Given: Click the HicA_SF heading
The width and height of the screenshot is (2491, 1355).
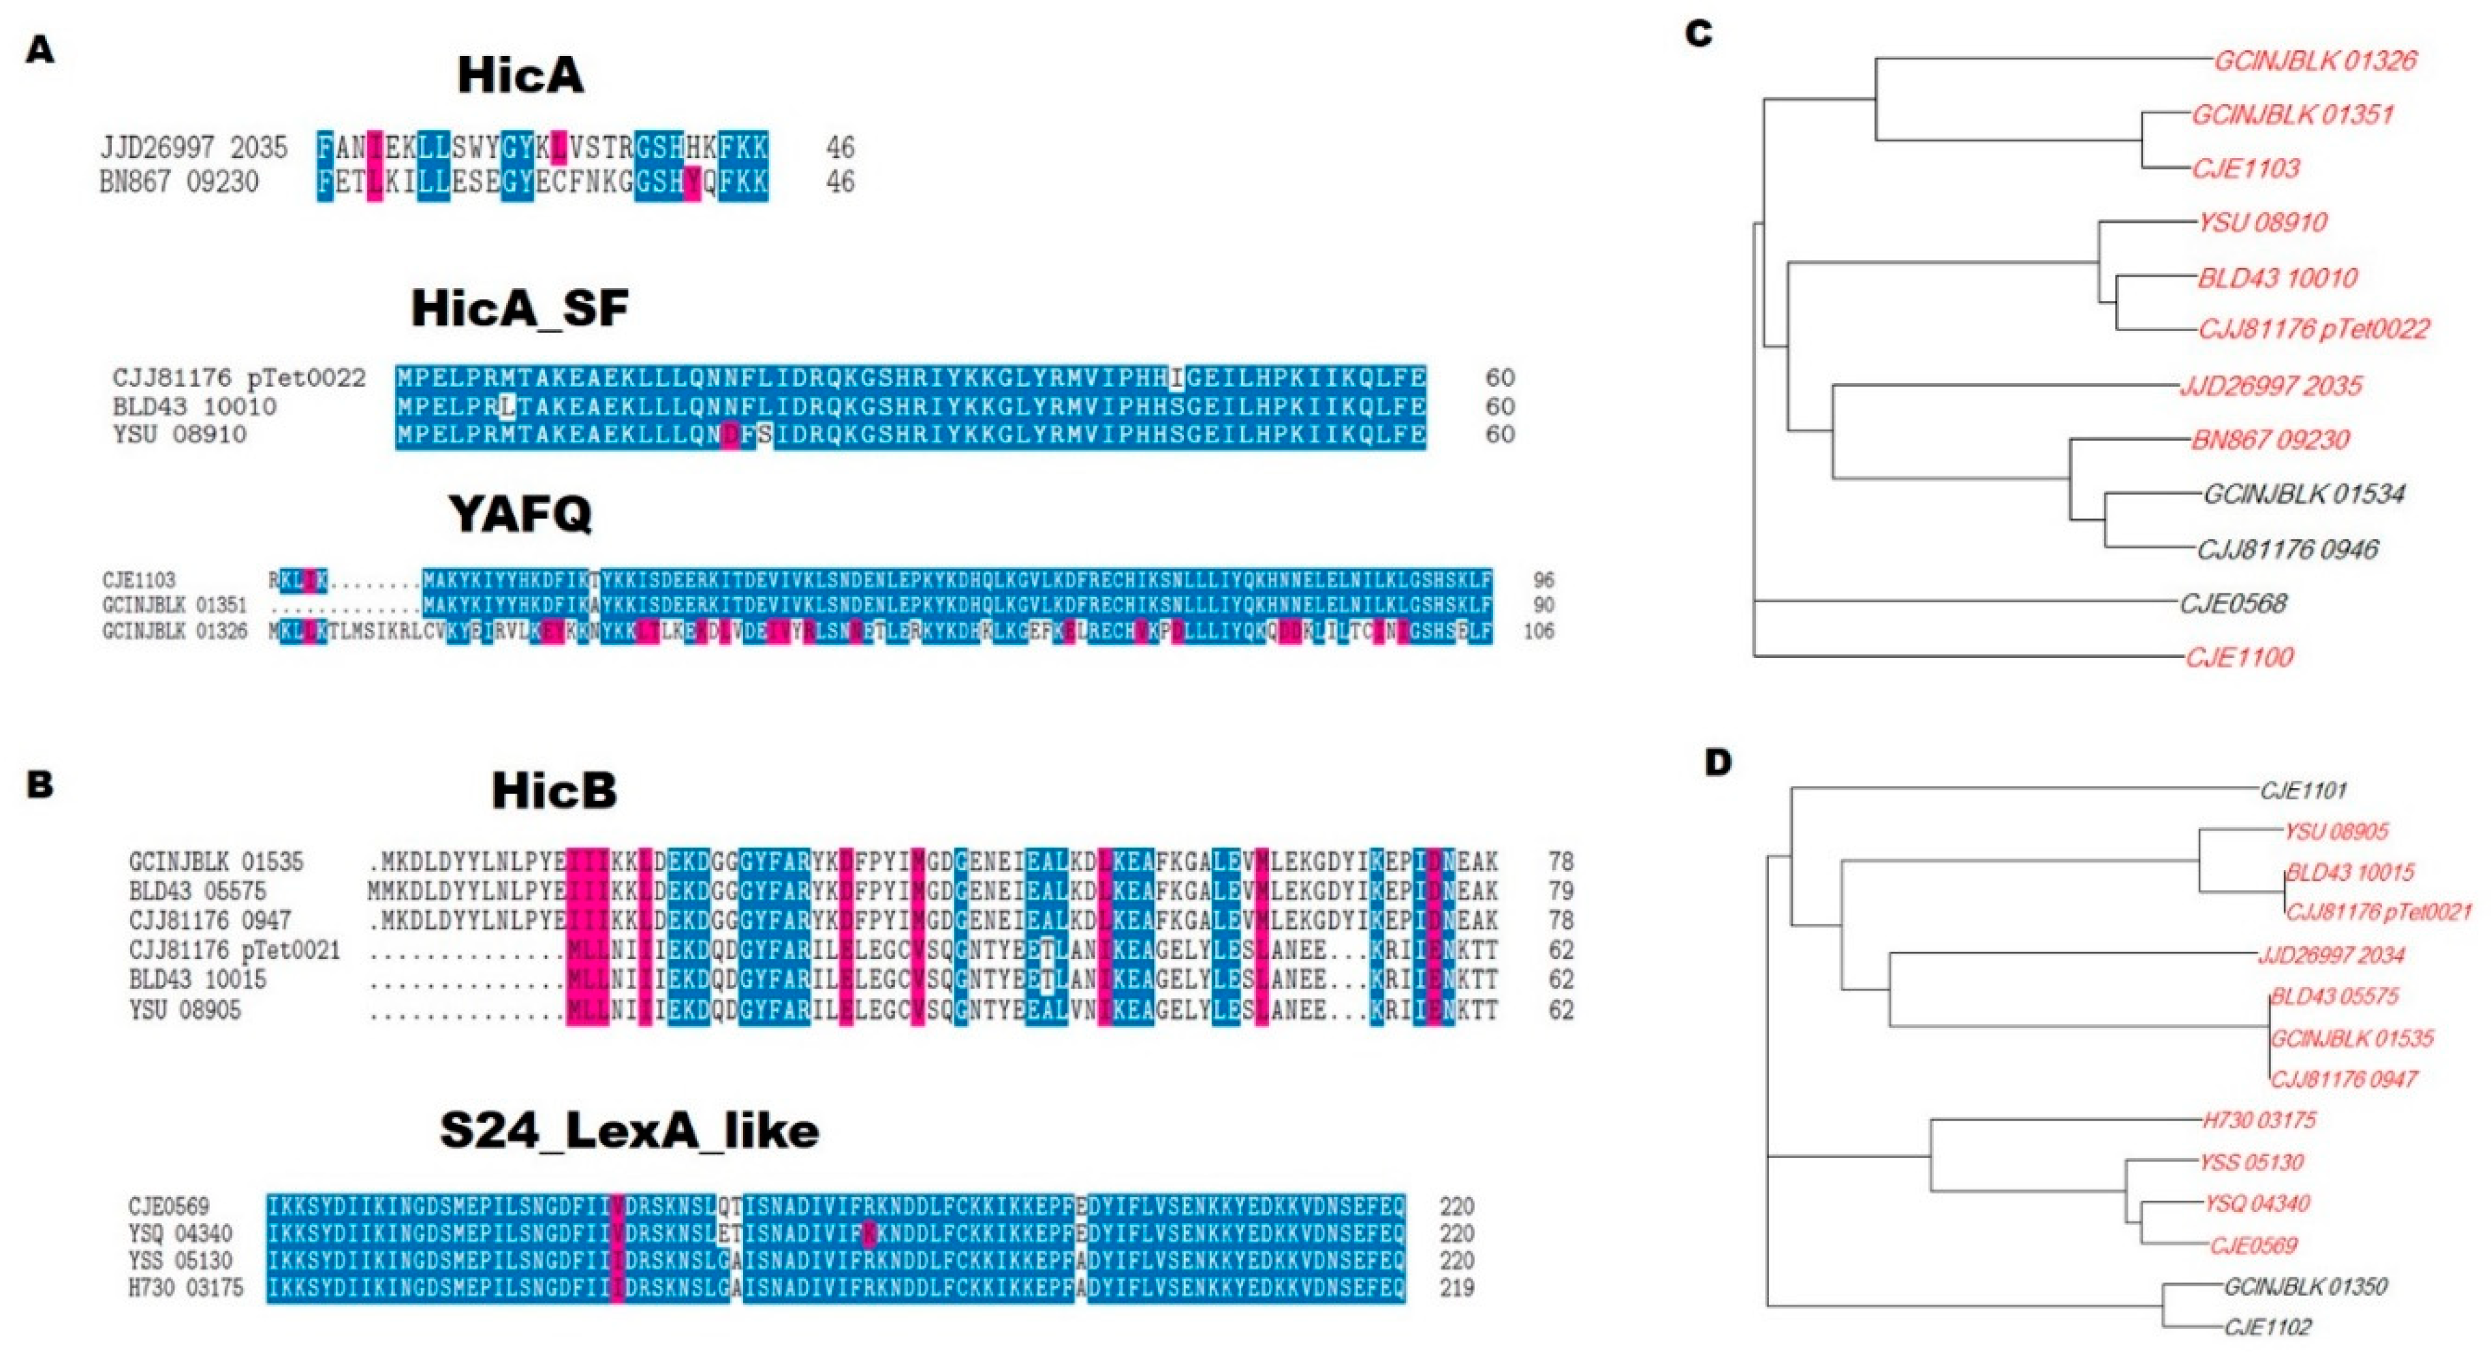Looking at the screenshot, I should click(x=520, y=309).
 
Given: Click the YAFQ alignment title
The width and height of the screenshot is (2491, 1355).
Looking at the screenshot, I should click(x=520, y=514).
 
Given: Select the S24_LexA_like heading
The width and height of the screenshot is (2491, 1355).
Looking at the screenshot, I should click(x=629, y=1131).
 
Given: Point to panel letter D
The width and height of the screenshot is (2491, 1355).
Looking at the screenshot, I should click(x=1717, y=763).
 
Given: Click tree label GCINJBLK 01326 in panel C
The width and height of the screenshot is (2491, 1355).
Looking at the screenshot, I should click(x=2315, y=61).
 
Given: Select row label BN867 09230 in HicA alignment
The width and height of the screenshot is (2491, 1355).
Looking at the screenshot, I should click(x=180, y=182).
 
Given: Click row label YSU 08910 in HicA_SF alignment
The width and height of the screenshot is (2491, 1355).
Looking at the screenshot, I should click(x=180, y=434).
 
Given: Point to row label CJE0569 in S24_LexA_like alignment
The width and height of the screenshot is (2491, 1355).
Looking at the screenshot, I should click(x=168, y=1206).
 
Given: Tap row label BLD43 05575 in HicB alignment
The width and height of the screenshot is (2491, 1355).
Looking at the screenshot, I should click(x=198, y=891).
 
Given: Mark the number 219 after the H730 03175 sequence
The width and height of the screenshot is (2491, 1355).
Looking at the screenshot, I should click(x=1456, y=1288).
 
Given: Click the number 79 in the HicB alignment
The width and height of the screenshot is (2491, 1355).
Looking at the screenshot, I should click(x=1560, y=891).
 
